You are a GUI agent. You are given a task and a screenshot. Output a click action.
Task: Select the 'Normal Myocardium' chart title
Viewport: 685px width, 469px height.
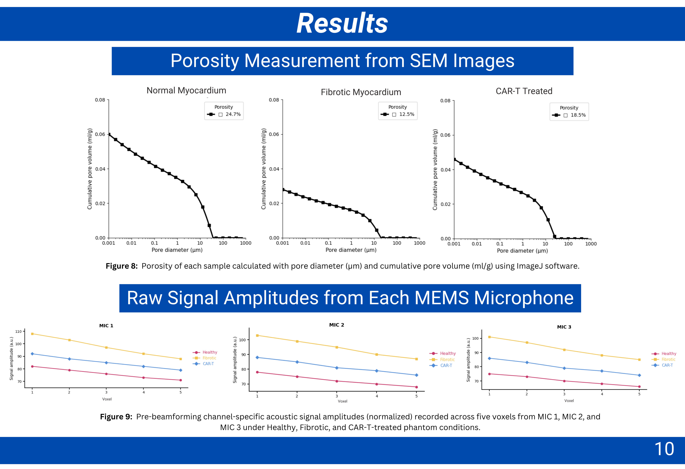click(x=186, y=90)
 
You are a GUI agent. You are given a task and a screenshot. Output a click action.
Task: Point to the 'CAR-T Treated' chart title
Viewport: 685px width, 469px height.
click(x=524, y=91)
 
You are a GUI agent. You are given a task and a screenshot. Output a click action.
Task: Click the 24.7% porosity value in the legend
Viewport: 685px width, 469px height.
click(x=233, y=114)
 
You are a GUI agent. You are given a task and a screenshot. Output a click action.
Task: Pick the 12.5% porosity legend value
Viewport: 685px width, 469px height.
click(x=407, y=114)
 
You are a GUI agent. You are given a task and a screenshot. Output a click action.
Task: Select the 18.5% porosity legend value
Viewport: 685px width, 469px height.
click(x=578, y=115)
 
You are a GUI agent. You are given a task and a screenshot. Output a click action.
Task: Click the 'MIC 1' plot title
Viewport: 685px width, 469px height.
click(x=106, y=325)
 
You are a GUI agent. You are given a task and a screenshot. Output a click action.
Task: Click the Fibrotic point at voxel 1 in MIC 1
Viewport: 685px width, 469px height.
click(x=32, y=334)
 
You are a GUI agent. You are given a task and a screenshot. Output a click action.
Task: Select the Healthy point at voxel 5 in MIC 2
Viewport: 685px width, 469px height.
click(x=416, y=387)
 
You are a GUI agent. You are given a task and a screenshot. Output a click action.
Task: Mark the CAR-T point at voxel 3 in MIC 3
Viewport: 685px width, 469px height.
click(x=564, y=368)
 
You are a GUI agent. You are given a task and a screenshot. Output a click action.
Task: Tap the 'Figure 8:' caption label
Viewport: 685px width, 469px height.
click(x=122, y=266)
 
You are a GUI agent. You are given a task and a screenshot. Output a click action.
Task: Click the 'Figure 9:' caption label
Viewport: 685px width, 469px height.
click(x=116, y=417)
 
